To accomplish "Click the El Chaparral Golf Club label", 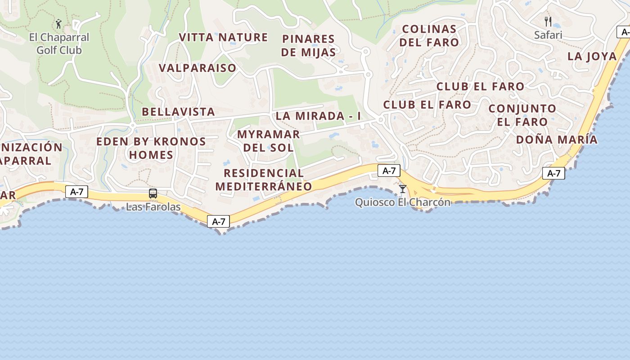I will click(x=59, y=44).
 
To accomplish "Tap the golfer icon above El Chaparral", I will click(x=58, y=23).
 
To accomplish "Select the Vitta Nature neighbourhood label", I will click(x=223, y=37).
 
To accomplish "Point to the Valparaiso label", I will click(x=197, y=68).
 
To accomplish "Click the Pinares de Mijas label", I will click(x=308, y=45).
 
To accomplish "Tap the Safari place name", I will click(x=548, y=35).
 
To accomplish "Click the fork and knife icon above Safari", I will click(x=548, y=21).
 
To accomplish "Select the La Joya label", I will click(x=592, y=56).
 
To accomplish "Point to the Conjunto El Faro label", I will click(x=522, y=115).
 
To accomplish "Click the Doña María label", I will click(x=557, y=139).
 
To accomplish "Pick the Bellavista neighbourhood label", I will click(x=178, y=112).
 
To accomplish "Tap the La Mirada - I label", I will click(x=318, y=116).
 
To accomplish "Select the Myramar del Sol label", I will click(x=268, y=141).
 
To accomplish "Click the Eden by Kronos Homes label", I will click(x=151, y=148).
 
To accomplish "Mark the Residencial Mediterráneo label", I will click(x=264, y=180).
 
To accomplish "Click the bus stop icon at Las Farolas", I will click(x=153, y=194).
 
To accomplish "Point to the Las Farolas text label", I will click(x=153, y=207).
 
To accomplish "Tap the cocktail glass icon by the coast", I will click(x=402, y=189).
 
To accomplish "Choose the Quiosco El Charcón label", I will click(x=402, y=202).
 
